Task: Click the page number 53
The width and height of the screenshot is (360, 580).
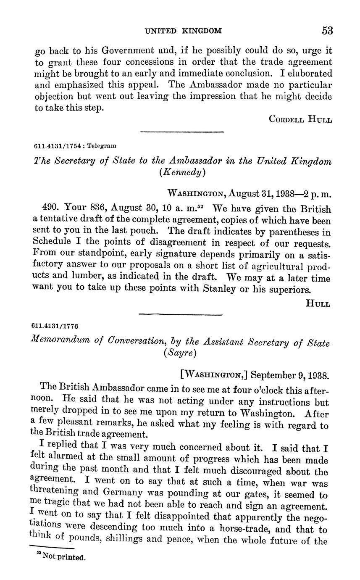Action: pos(327,30)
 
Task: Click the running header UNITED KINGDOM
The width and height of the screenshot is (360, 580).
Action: pos(183,31)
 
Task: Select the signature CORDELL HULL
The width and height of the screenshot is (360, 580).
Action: pos(300,119)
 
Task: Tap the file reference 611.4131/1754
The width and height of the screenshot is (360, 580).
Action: pos(57,146)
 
